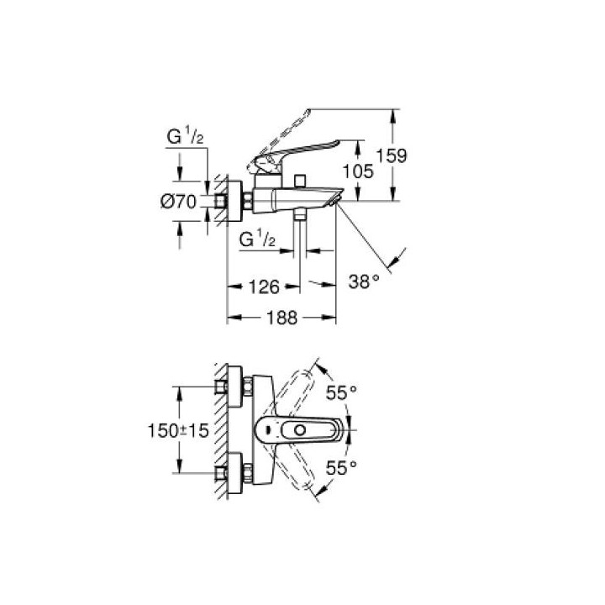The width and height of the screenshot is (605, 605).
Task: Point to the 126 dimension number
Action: point(263,287)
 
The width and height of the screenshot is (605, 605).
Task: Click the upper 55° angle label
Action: point(342,392)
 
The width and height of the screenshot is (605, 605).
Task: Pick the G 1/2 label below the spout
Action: point(258,240)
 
